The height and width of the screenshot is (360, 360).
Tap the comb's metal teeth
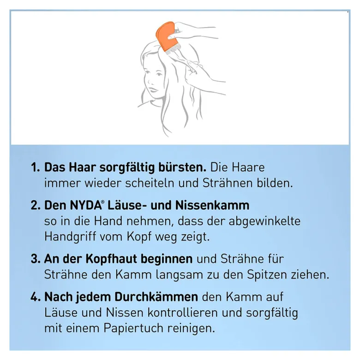coord(174,49)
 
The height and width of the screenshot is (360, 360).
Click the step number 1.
coord(36,168)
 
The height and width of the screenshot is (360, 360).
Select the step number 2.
coord(36,205)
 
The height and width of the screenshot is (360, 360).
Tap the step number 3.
coord(36,259)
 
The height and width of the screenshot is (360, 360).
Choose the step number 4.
coord(36,297)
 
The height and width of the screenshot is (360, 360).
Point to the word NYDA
coord(85,205)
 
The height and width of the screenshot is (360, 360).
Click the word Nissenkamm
coord(212,205)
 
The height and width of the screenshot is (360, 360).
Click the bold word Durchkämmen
coord(156,297)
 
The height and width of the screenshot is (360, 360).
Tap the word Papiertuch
coord(133,329)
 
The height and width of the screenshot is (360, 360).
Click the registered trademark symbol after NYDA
coord(103,202)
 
